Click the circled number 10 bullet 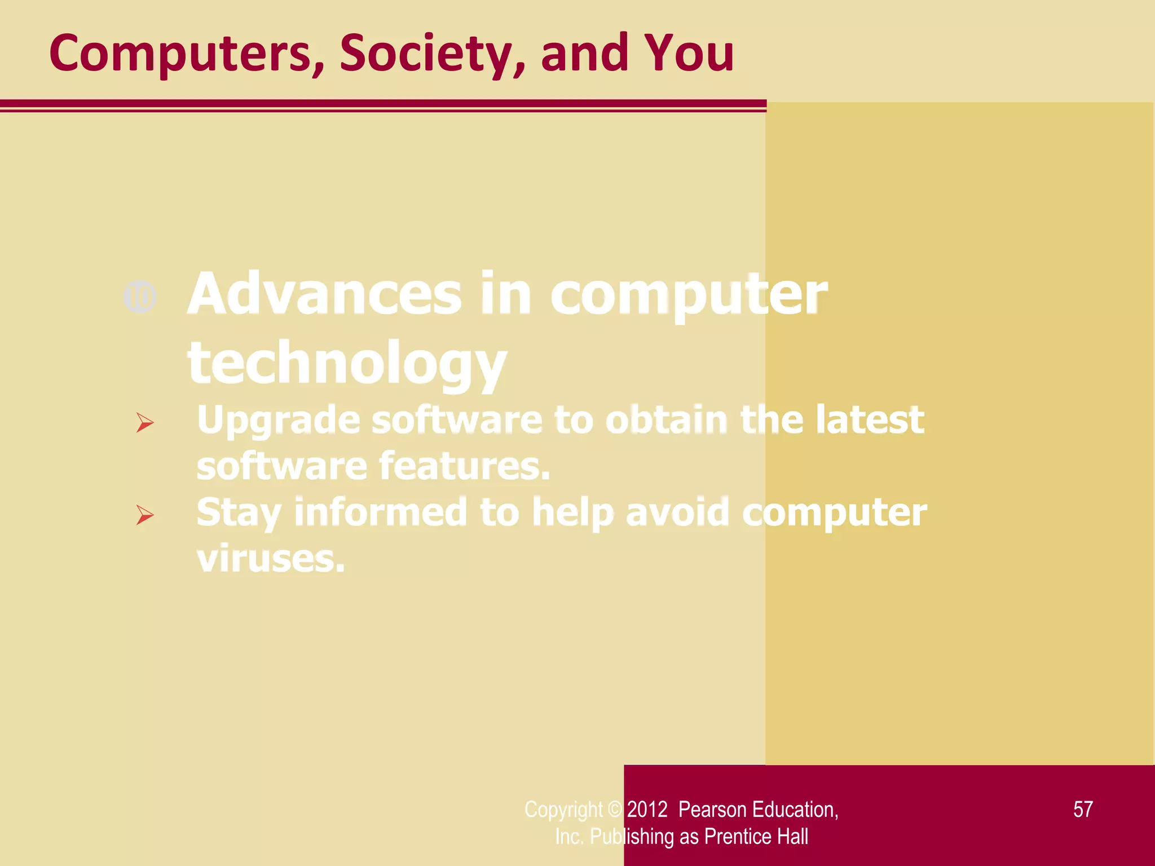pyautogui.click(x=140, y=297)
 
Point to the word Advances pyautogui.click(x=325, y=294)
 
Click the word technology pyautogui.click(x=347, y=364)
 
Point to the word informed pyautogui.click(x=381, y=512)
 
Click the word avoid pyautogui.click(x=677, y=512)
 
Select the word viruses pyautogui.click(x=271, y=559)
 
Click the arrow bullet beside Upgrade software pyautogui.click(x=144, y=422)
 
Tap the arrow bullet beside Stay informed pyautogui.click(x=144, y=515)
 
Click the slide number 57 pyautogui.click(x=1083, y=810)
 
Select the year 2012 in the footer pyautogui.click(x=647, y=810)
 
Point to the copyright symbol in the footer pyautogui.click(x=614, y=810)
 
